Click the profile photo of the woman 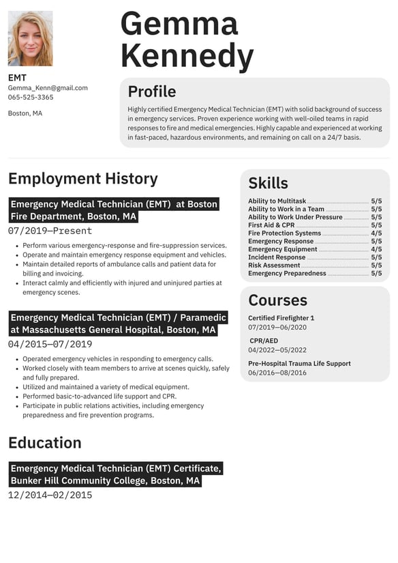click(30, 38)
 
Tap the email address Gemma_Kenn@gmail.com click(48, 88)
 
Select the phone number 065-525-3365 click(31, 98)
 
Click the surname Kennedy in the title click(187, 55)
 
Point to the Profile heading click(152, 91)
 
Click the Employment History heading click(82, 179)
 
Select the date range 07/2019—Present click(50, 231)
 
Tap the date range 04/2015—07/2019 click(50, 344)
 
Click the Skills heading click(268, 183)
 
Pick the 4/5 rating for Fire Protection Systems click(376, 233)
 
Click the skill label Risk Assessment click(274, 265)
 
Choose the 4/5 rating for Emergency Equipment click(376, 250)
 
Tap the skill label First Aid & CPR click(271, 225)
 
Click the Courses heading click(277, 300)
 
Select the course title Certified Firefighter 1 click(281, 318)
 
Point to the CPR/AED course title click(264, 341)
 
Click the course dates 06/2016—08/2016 click(277, 373)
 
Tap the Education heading click(45, 442)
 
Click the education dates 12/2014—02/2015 click(50, 495)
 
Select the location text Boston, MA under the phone click(25, 113)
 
